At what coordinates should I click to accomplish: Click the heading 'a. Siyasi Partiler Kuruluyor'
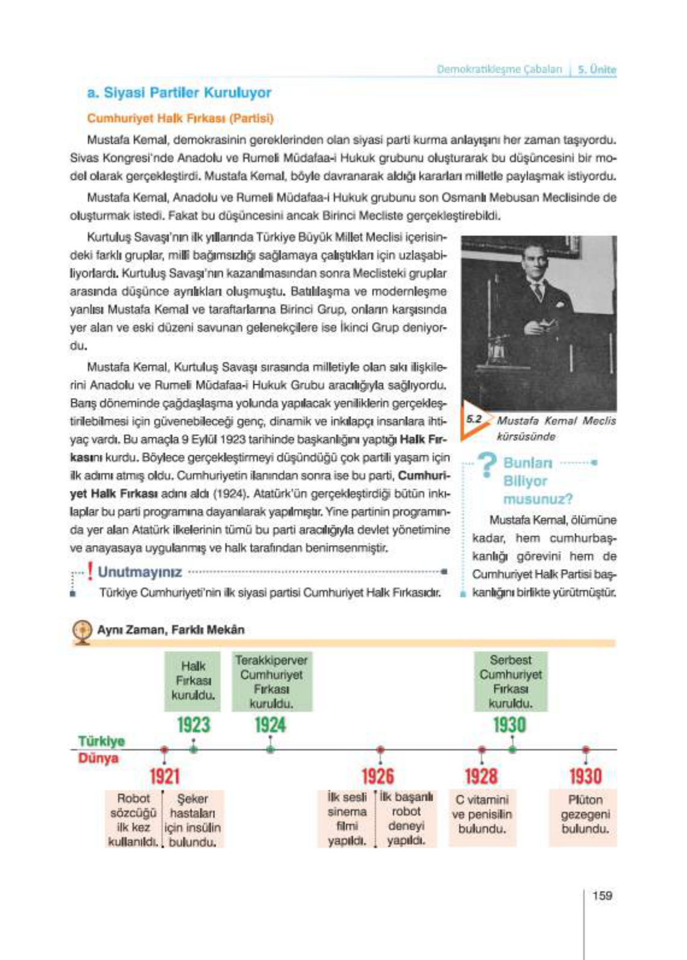179,93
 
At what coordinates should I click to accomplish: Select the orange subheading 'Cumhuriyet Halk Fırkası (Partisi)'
180,118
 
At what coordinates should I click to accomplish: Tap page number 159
601,896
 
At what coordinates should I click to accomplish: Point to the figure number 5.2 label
474,419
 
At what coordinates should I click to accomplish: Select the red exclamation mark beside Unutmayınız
90,571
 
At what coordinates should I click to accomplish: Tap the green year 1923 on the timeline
193,725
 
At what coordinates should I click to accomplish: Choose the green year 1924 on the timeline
270,725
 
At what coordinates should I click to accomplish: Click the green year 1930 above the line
509,725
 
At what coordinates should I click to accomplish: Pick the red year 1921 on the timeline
165,776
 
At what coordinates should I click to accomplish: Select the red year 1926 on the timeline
378,776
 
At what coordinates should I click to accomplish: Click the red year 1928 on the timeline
481,776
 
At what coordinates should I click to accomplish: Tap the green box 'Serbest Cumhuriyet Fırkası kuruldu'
510,681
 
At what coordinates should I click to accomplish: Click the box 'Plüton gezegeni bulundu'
585,814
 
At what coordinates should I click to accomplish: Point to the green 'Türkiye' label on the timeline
101,741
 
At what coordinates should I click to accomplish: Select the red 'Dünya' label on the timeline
98,758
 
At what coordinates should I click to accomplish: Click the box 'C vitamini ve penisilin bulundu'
482,814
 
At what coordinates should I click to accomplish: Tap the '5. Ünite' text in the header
597,69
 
